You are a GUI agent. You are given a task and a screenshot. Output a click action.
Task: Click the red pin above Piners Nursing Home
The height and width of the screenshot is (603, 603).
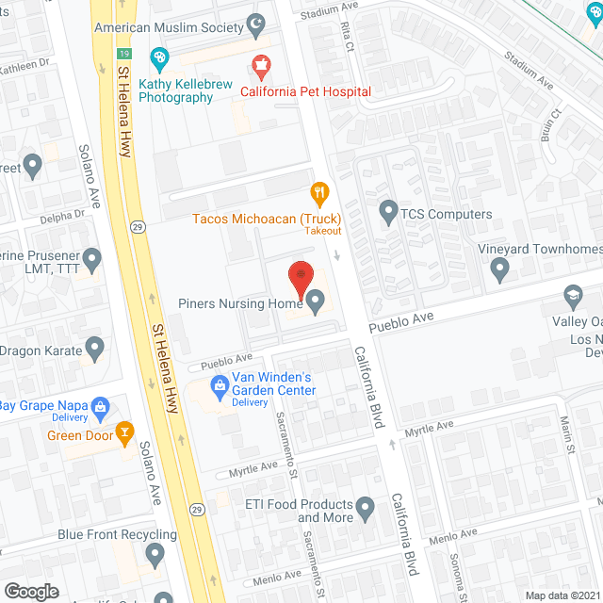[x=300, y=274]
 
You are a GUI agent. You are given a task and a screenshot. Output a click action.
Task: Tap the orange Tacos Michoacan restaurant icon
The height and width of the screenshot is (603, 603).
[x=320, y=194]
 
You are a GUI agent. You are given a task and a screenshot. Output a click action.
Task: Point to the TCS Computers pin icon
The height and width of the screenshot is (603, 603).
[x=387, y=213]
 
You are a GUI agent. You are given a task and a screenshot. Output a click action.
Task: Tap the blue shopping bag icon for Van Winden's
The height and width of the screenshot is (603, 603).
[x=220, y=384]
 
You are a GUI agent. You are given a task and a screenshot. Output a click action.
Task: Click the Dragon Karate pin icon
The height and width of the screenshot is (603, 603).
[x=93, y=350]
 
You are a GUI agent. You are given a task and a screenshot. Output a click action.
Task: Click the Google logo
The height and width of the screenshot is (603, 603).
[x=30, y=591]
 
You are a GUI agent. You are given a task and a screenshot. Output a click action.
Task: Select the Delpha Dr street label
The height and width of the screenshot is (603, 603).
[x=61, y=216]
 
